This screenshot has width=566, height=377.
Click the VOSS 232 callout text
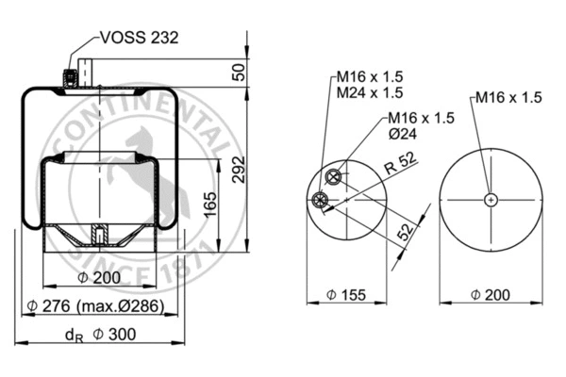[x=138, y=39]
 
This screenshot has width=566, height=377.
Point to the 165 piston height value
[x=211, y=202]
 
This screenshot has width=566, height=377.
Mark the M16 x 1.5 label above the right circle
[x=508, y=97]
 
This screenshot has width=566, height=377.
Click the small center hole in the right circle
[x=491, y=199]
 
